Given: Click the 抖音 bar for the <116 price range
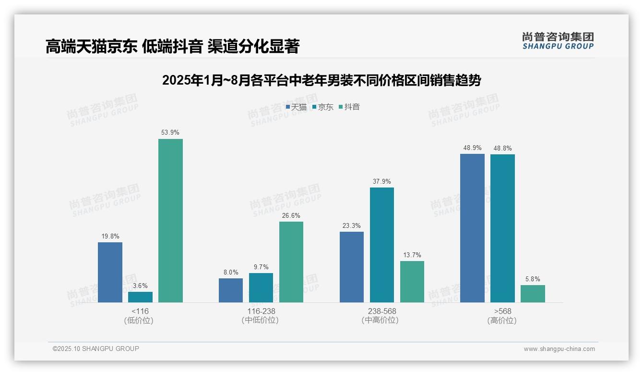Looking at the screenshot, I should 170,221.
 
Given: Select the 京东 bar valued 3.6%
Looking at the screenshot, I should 140,297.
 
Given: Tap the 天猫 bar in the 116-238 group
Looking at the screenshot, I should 231,290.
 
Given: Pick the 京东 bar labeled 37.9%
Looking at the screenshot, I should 382,245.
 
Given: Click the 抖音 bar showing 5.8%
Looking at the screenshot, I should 533,294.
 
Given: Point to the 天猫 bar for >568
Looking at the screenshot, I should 472,228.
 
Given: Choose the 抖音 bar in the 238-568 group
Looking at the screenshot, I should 412,282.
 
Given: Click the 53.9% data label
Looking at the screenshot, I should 170,132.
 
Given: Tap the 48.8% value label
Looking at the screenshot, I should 502,148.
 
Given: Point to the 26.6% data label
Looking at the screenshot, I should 291,215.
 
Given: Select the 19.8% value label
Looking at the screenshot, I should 110,236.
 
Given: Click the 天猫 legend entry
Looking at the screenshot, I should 296,107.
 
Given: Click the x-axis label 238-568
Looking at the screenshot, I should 382,311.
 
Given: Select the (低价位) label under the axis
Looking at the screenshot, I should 139,321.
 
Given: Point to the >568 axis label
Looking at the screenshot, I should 502,311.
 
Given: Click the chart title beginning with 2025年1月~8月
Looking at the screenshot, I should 321,80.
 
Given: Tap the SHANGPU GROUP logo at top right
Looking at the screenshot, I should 558,41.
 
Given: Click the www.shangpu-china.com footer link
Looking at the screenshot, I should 559,349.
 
